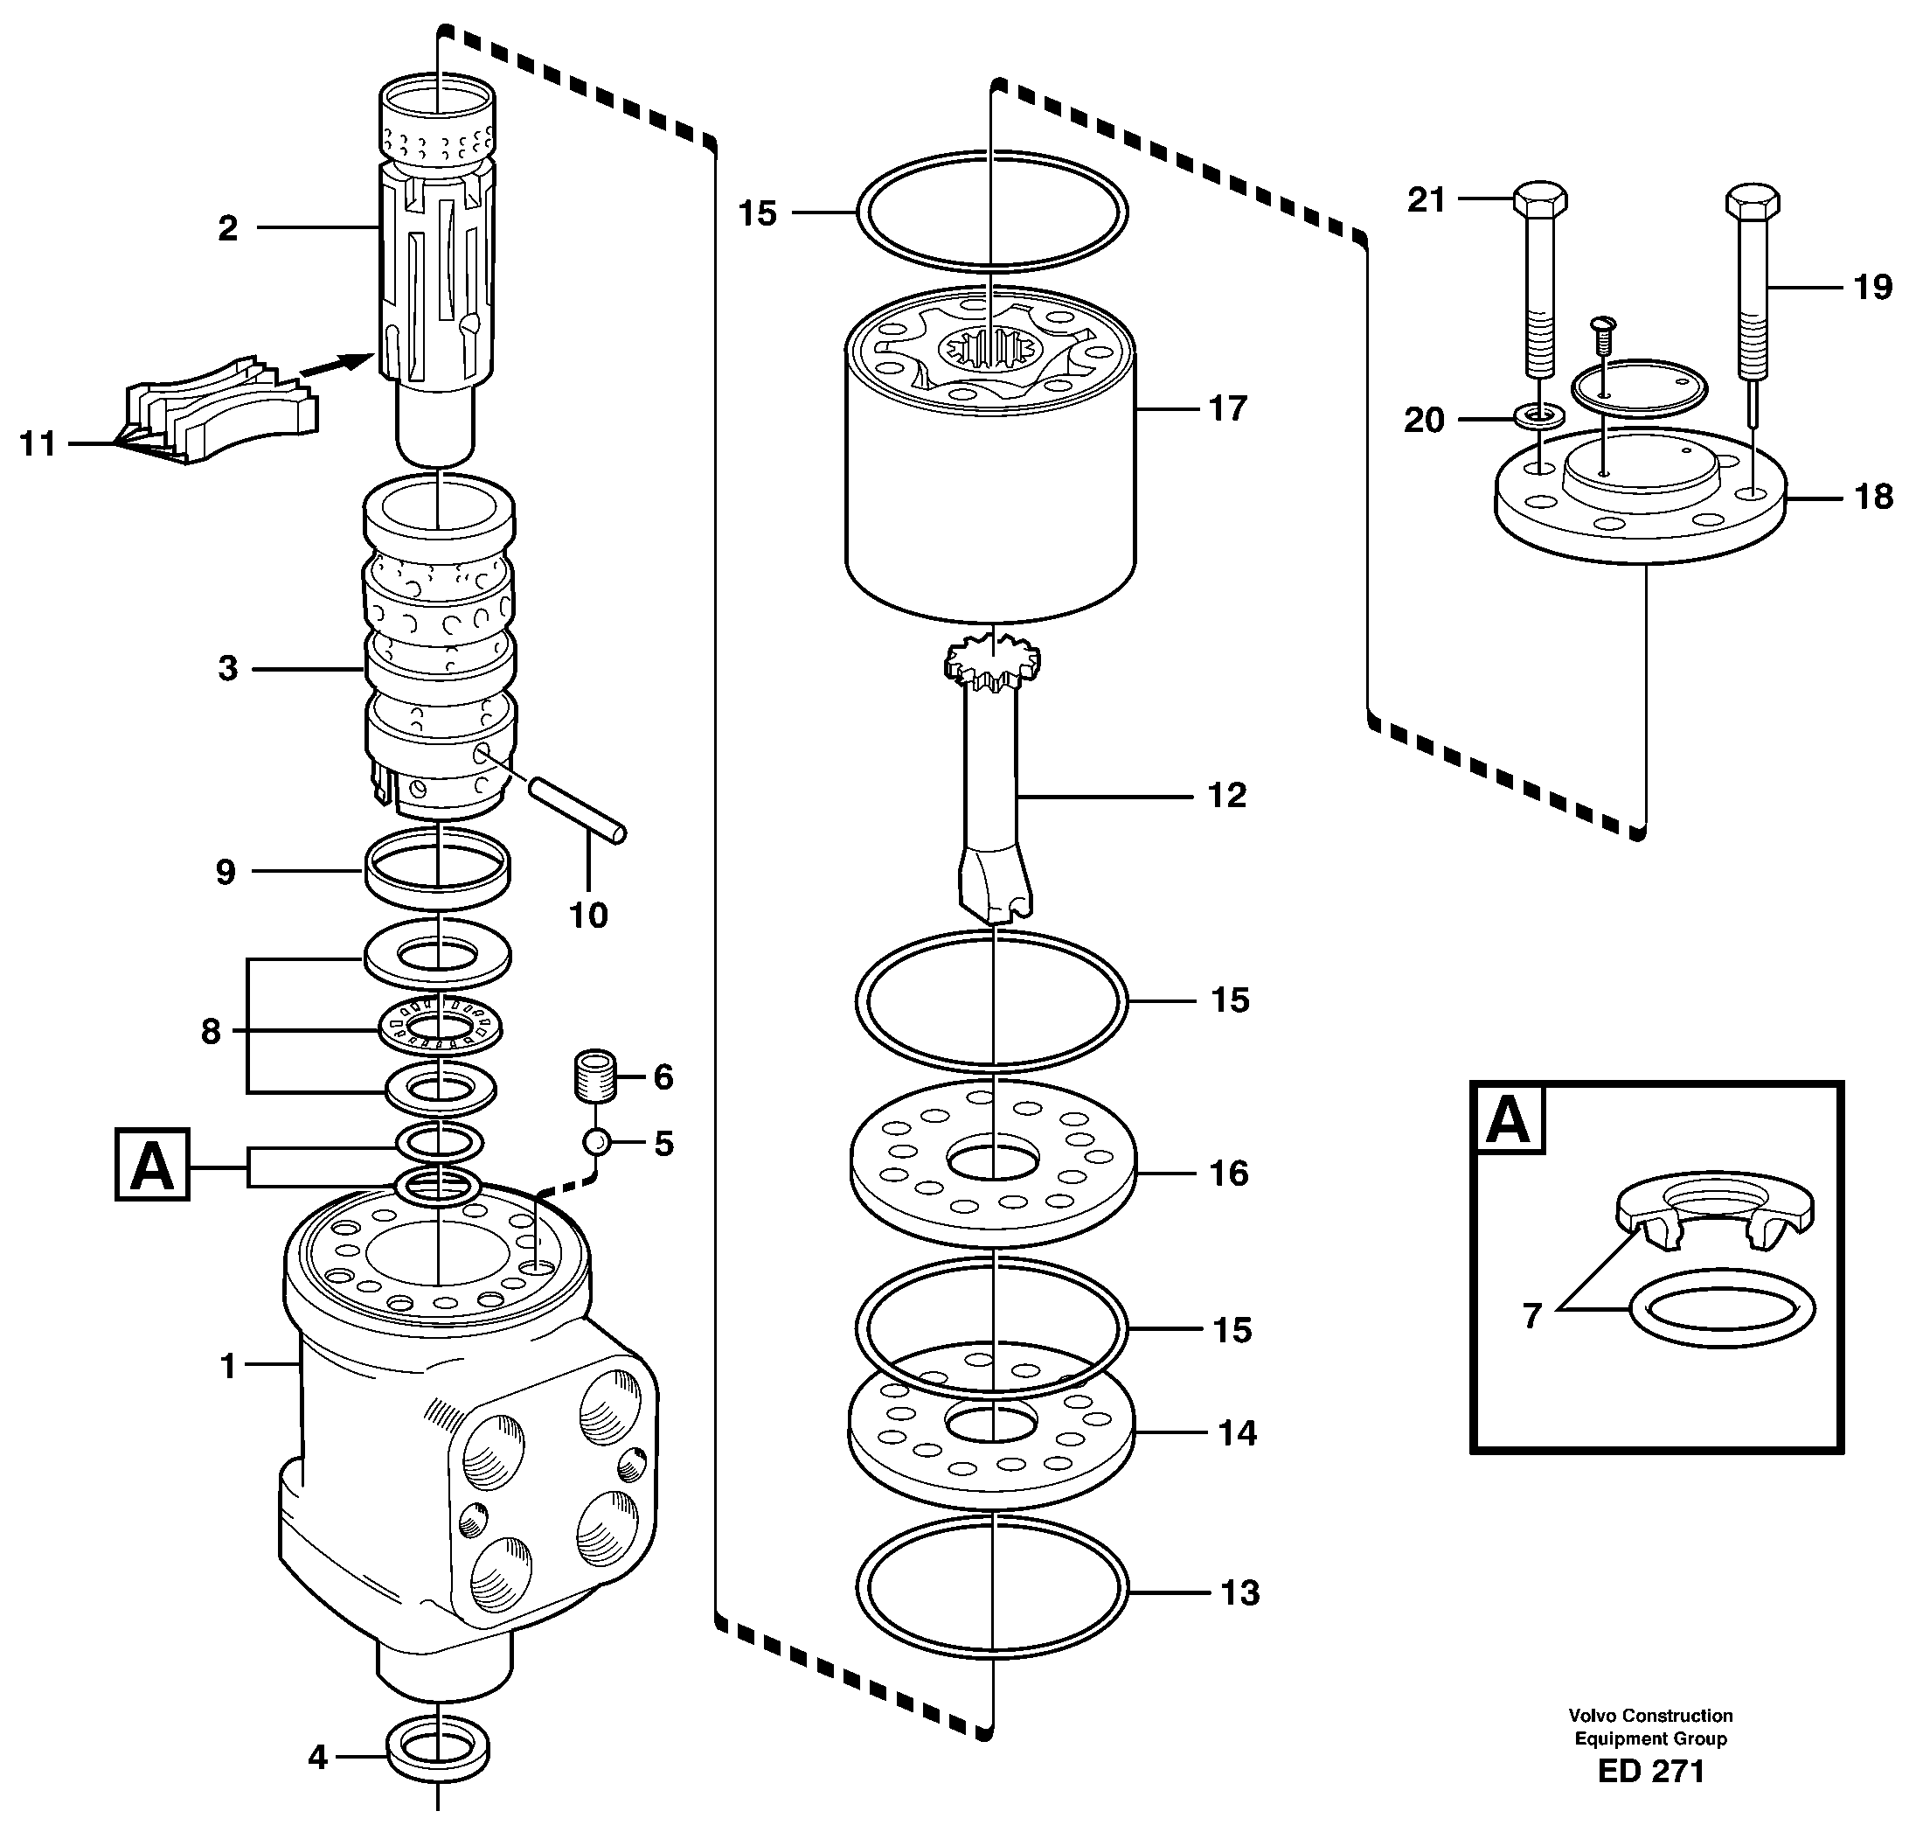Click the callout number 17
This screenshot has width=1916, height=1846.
click(1228, 408)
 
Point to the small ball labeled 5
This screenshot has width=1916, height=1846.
click(596, 1141)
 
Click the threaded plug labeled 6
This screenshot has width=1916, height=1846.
click(594, 1076)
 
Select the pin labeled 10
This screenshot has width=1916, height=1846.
click(577, 806)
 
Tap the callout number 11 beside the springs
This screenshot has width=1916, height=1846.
click(38, 444)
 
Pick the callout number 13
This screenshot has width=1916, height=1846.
click(1240, 1592)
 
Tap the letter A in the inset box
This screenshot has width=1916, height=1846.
click(1508, 1119)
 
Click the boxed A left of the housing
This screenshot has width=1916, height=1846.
click(151, 1165)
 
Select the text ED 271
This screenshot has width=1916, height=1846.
click(1651, 1772)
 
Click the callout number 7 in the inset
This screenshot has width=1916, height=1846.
click(1531, 1316)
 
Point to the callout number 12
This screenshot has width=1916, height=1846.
click(1227, 796)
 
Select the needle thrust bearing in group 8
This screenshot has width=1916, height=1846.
click(439, 1027)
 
